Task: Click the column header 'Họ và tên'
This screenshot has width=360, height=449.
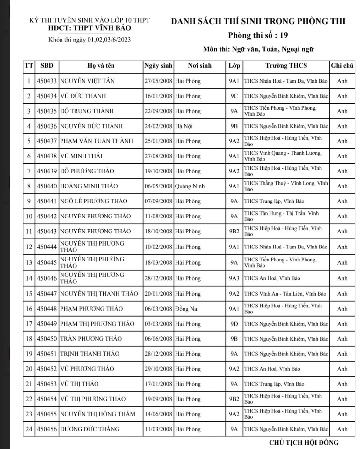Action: tap(101, 66)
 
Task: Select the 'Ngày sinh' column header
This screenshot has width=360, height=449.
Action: tap(158, 66)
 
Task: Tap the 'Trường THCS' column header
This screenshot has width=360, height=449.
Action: tap(286, 66)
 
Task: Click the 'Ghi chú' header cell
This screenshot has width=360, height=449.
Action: tap(342, 66)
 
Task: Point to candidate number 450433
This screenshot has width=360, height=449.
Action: tap(47, 81)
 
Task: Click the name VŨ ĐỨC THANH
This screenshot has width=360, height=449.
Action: tap(83, 96)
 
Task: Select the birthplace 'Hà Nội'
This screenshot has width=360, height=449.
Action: tap(184, 126)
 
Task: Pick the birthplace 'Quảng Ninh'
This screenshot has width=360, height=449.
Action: tap(190, 186)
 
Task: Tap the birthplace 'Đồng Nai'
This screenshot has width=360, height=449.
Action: tap(187, 309)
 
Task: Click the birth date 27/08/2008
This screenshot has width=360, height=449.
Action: tap(158, 156)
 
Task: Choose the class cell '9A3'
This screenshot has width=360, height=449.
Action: tap(234, 278)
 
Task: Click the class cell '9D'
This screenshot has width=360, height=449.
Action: tap(234, 324)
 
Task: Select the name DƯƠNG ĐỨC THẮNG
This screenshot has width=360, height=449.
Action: tap(90, 429)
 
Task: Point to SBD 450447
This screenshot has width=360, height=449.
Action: tap(47, 294)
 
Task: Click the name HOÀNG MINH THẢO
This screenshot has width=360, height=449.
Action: tap(89, 186)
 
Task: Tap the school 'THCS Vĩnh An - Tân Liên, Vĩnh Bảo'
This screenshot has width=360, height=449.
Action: tap(285, 294)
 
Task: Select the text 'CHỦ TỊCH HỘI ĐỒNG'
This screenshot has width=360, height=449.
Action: tap(304, 442)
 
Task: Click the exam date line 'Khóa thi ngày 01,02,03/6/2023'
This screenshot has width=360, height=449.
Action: tap(90, 40)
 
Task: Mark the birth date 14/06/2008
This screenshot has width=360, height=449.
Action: tap(158, 414)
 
